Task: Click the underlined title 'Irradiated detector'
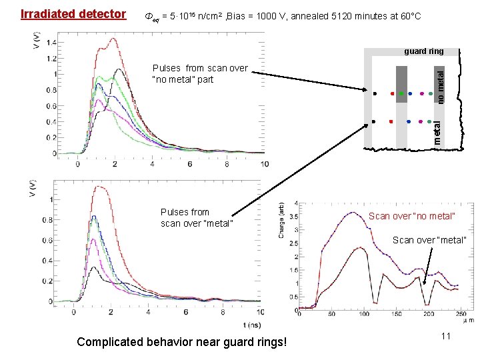(x=73, y=14)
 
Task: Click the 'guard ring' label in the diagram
(x=425, y=51)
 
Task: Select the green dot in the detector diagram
(x=401, y=93)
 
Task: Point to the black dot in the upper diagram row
(x=375, y=93)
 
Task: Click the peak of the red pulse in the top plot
(x=114, y=39)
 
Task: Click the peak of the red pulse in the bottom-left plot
(x=101, y=187)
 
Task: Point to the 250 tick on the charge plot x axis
(x=460, y=314)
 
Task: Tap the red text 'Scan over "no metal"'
(x=411, y=216)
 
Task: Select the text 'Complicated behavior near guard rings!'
(x=182, y=342)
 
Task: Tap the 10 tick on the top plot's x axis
(x=264, y=164)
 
